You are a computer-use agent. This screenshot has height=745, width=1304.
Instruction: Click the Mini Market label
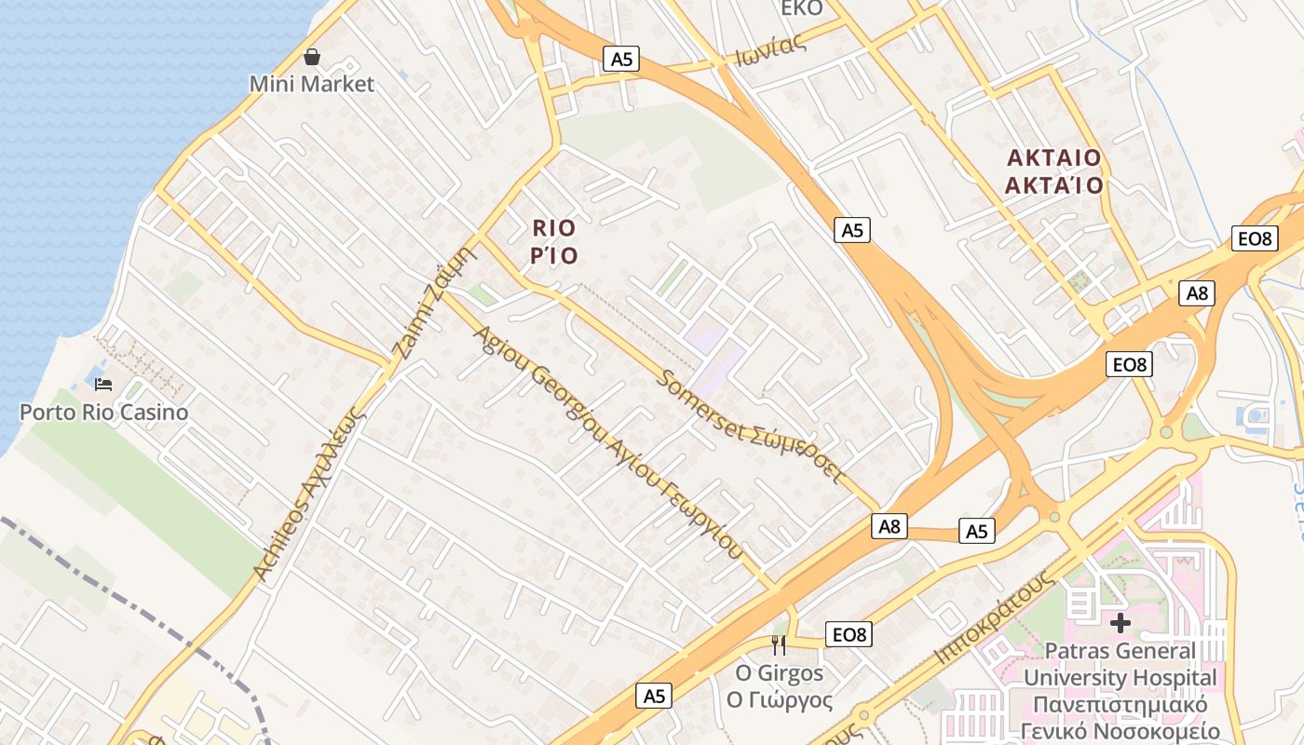311,84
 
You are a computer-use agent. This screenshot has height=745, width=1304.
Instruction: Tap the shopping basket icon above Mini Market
312,58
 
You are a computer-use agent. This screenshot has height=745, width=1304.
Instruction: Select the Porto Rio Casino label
103,412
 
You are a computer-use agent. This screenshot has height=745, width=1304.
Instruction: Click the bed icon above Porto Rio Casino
102,384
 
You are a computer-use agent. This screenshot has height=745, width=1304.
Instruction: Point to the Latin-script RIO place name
554,228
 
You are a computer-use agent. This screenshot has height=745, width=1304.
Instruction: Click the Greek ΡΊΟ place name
554,255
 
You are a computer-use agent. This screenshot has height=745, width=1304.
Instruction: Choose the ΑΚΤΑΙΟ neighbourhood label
1053,157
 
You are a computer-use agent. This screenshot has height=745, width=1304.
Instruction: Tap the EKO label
802,8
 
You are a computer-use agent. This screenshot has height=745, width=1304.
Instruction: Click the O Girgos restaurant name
780,672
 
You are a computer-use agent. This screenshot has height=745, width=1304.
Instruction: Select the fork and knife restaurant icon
779,644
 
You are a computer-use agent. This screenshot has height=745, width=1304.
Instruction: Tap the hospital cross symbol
1121,623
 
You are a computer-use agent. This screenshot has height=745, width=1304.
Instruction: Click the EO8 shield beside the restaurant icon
849,635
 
